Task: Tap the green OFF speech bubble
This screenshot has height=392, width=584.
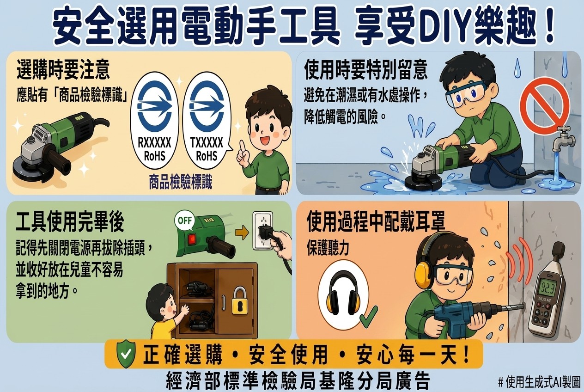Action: [185, 221]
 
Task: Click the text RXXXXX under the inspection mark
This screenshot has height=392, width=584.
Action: [154, 143]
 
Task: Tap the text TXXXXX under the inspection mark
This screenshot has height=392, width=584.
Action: [207, 143]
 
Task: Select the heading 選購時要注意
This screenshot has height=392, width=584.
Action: [63, 69]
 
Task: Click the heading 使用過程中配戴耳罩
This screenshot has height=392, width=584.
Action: [376, 221]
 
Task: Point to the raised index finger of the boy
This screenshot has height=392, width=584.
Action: [243, 147]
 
